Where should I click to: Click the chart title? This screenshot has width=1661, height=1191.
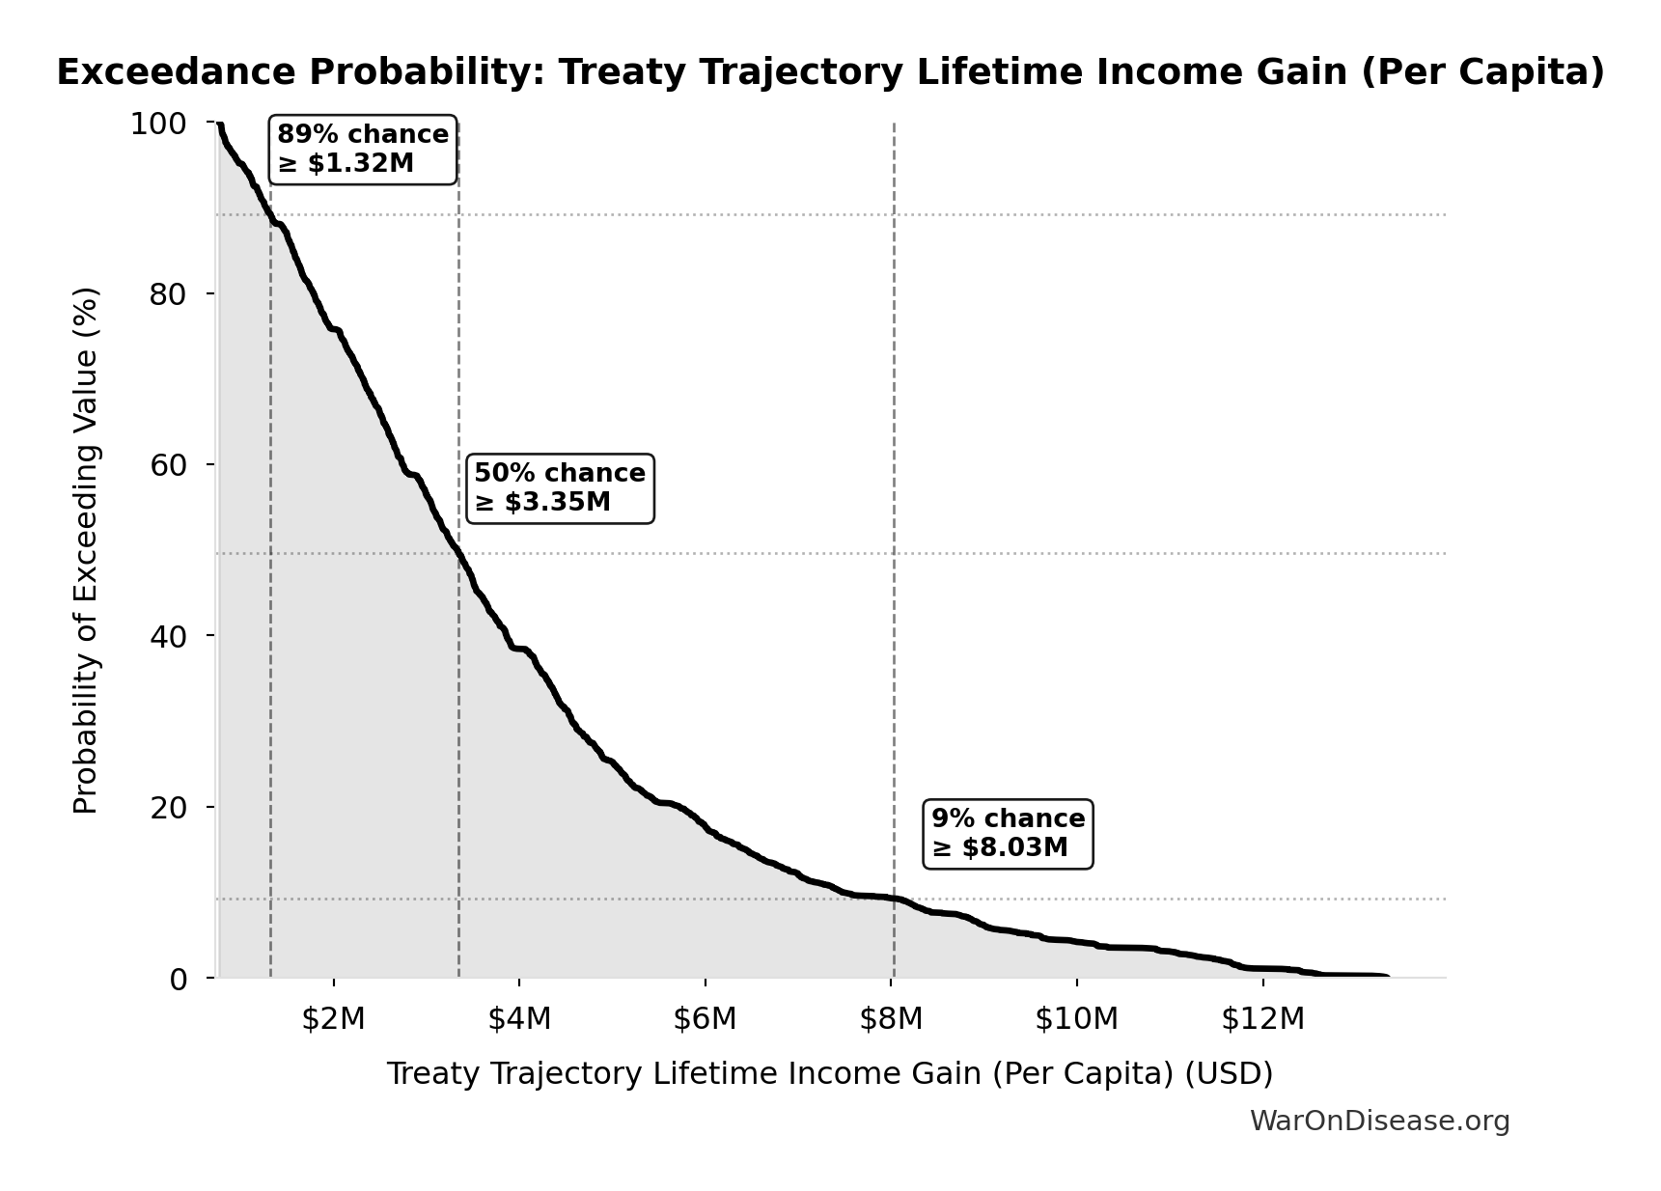(x=830, y=72)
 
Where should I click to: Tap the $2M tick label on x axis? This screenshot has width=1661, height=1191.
(x=333, y=1018)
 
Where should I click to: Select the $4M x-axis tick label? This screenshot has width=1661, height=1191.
(x=519, y=1018)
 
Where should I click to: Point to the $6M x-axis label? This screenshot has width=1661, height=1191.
(x=706, y=1018)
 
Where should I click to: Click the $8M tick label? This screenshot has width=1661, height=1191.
(x=891, y=1018)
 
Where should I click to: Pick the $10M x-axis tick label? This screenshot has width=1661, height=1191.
(x=1077, y=1018)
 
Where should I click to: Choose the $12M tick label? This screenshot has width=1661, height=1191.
(x=1262, y=1018)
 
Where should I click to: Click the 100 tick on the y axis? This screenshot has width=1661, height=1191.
(x=158, y=124)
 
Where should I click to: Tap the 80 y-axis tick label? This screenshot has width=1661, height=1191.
(x=168, y=294)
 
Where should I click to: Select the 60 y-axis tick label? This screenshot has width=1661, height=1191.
(x=168, y=465)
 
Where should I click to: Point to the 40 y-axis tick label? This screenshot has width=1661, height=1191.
(x=168, y=636)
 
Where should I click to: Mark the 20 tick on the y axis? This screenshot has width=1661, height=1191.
(x=168, y=807)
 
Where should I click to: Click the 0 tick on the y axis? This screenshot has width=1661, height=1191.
(x=178, y=979)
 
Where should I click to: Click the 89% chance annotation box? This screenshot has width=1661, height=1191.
(x=363, y=150)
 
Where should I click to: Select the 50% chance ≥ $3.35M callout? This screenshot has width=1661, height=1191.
(x=560, y=488)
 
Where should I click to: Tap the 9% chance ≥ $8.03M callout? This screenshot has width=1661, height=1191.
(x=1008, y=834)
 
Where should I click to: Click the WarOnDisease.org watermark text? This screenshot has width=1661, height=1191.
(x=1379, y=1121)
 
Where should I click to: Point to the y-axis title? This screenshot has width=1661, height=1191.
(x=86, y=550)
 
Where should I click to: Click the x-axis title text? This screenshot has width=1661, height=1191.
(x=830, y=1073)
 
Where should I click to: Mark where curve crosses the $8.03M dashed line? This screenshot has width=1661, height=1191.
(x=894, y=899)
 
